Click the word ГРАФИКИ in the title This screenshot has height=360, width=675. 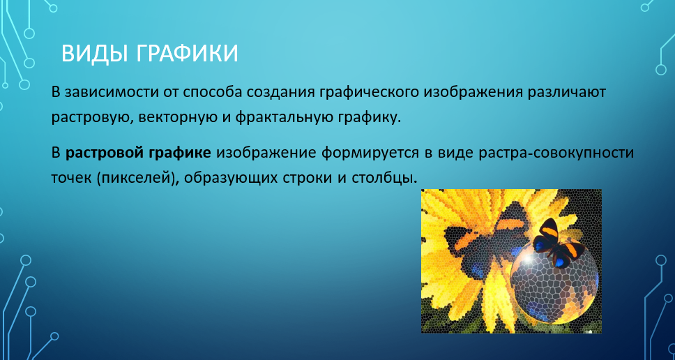point(188,54)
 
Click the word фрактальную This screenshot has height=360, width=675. point(282,118)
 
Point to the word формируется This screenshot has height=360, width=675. point(372,153)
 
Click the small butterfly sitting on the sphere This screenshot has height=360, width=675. point(558,243)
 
